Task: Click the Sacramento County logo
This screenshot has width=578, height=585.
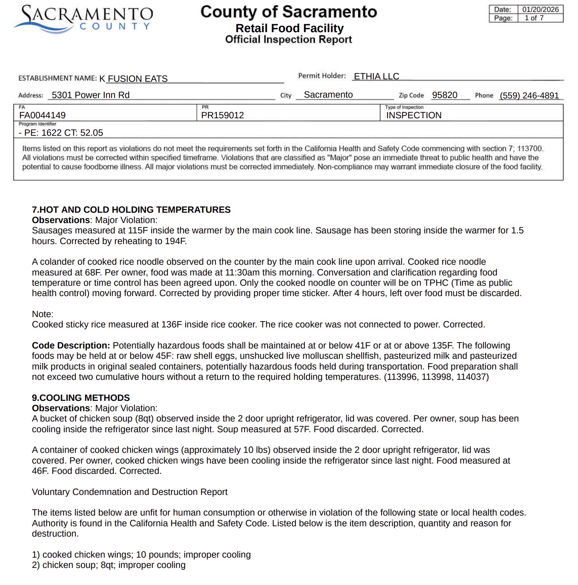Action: tap(83, 19)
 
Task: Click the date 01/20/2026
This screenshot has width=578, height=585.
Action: tap(540, 10)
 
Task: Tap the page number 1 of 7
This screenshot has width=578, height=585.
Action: tap(534, 18)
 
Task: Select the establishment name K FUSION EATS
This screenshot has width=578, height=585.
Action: tap(133, 79)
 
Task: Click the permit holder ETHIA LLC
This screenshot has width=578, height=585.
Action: tap(376, 76)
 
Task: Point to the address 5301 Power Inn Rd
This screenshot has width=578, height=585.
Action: tap(91, 95)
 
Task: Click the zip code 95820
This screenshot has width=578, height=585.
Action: tap(445, 95)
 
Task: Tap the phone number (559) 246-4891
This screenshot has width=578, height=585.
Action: tap(529, 96)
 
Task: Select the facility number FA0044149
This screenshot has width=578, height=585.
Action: tap(42, 115)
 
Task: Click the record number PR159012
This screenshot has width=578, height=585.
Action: tap(222, 115)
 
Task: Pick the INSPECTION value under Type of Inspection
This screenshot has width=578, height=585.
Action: tap(414, 115)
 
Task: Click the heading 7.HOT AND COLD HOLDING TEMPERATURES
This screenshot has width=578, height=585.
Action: tap(131, 210)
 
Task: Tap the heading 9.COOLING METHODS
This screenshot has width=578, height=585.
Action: tap(81, 398)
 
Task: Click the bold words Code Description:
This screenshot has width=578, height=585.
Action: tap(71, 346)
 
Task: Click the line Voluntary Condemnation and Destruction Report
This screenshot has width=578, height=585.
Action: tap(129, 492)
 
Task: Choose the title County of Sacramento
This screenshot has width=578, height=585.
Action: tap(289, 12)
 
